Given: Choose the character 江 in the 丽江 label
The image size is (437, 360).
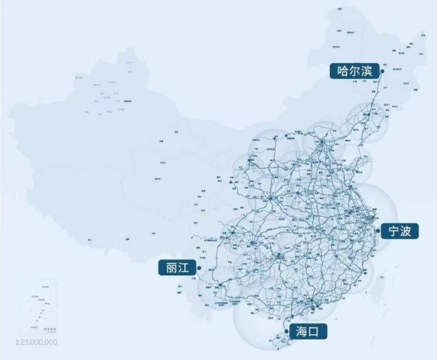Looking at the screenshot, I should point(186,268).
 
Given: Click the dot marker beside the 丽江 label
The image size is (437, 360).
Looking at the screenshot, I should point(200,269).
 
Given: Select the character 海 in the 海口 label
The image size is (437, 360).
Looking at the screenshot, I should point(302,331).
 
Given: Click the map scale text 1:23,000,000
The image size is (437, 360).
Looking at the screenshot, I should point(35,342).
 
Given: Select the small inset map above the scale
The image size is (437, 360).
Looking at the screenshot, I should point(39,308).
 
